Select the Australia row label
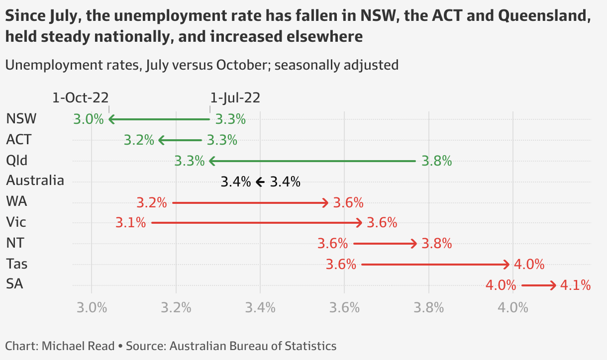[x=35, y=180]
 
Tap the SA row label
[x=15, y=284]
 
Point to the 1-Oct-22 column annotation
[x=80, y=97]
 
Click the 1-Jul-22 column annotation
[x=235, y=97]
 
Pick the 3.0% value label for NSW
[x=88, y=119]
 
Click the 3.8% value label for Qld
[x=436, y=161]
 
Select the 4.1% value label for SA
[x=575, y=285]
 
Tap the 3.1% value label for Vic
[x=130, y=223]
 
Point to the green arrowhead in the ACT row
[x=161, y=140]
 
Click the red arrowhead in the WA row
[x=325, y=203]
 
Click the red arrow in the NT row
[x=385, y=244]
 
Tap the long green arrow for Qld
[x=312, y=161]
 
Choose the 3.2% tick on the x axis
[x=176, y=307]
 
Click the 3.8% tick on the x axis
[x=429, y=307]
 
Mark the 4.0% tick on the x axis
[x=513, y=307]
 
